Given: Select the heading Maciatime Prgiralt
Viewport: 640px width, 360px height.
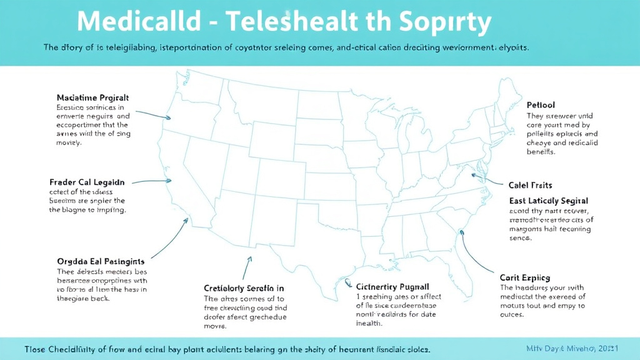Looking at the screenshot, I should click(x=92, y=98).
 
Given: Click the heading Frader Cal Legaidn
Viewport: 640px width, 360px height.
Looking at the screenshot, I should click(x=87, y=182).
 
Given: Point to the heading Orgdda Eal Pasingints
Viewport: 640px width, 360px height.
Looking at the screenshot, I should click(x=101, y=261).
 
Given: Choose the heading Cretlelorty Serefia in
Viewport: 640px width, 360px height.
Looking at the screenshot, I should click(x=244, y=288).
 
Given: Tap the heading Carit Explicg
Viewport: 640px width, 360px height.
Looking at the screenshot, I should click(x=525, y=277).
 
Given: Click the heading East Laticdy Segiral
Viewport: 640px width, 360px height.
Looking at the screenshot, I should click(x=549, y=201).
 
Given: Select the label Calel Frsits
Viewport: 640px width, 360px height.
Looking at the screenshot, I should click(x=530, y=186).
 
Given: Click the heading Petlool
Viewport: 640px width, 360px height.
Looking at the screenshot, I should click(x=541, y=105).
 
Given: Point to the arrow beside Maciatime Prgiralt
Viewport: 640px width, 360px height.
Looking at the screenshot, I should click(x=152, y=114).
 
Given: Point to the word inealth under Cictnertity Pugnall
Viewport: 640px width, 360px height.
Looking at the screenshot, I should click(x=370, y=324).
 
